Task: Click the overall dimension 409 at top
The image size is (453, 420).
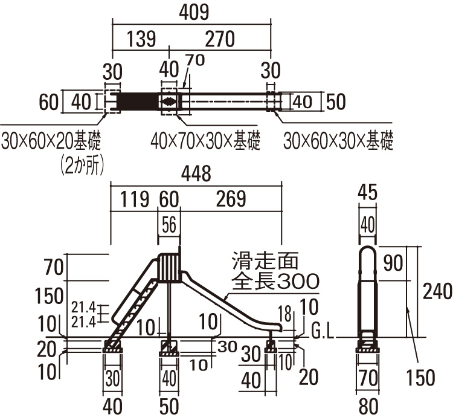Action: (191, 11)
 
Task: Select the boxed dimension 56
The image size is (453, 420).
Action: (169, 224)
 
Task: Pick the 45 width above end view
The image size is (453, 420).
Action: (368, 193)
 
